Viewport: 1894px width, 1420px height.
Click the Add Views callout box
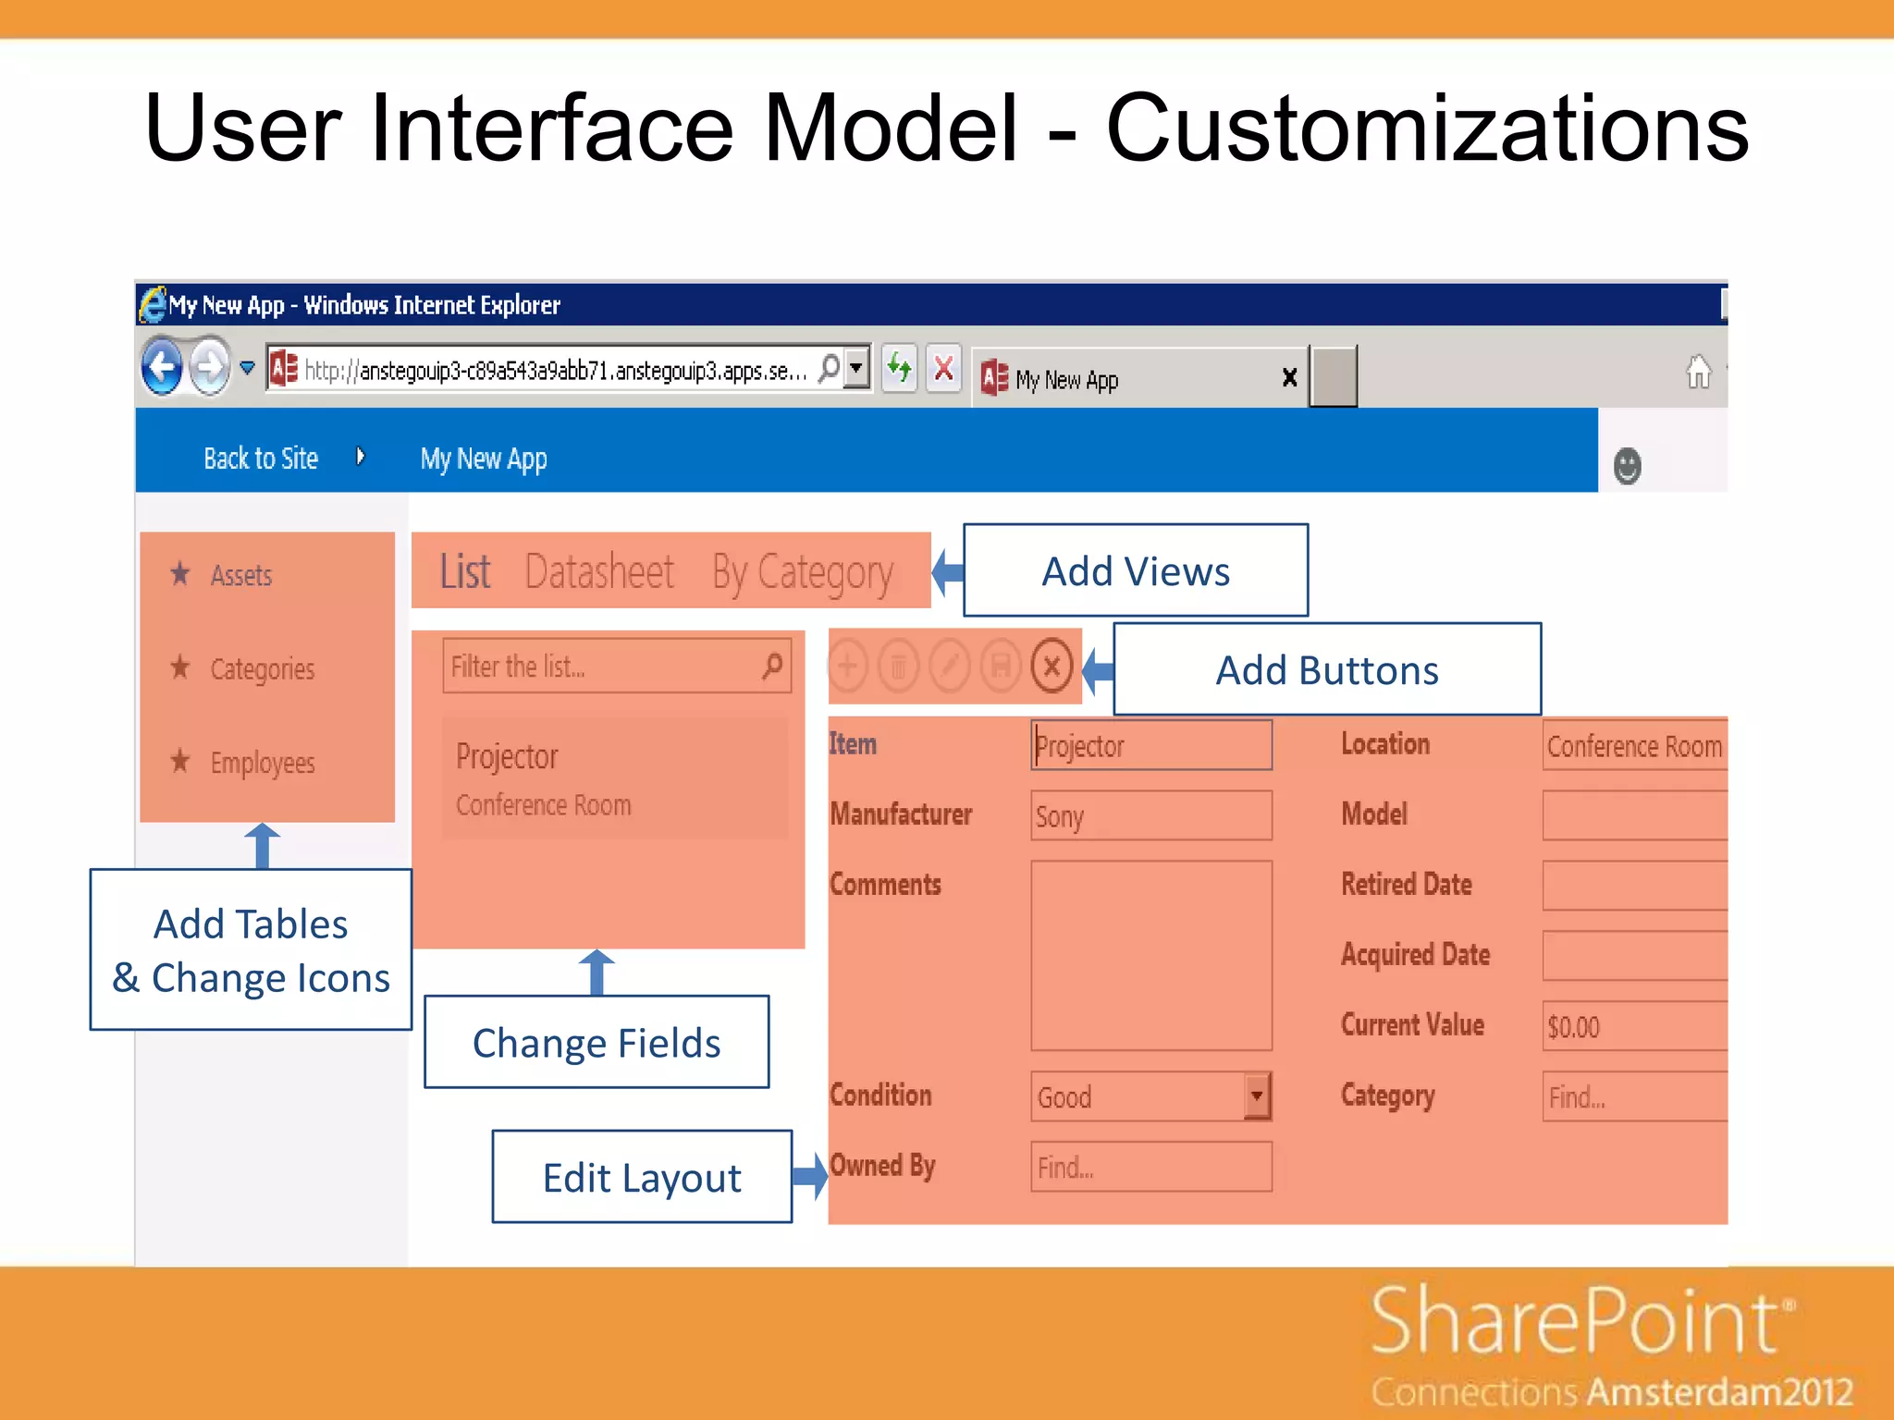point(1135,570)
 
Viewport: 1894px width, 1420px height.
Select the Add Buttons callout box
point(1326,669)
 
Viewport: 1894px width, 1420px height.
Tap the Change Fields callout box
point(596,1042)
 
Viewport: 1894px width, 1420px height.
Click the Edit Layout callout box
point(642,1177)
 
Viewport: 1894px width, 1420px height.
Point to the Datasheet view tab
point(599,571)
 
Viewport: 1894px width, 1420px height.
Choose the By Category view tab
point(802,573)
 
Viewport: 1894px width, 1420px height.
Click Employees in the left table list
point(262,763)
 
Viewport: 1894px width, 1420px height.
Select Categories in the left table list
point(262,668)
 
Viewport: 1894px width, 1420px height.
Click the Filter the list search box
point(601,666)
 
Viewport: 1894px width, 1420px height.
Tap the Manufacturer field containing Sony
point(1150,815)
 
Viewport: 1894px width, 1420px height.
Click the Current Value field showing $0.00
point(1632,1026)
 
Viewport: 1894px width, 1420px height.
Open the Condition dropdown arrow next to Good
point(1256,1096)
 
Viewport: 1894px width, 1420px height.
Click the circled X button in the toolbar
point(1052,666)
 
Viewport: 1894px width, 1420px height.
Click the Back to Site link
point(261,459)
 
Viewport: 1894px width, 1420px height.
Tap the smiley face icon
point(1627,466)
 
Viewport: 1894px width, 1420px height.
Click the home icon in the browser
point(1698,373)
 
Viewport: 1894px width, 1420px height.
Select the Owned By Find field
point(1150,1167)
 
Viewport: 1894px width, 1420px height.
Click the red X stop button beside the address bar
point(943,370)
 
